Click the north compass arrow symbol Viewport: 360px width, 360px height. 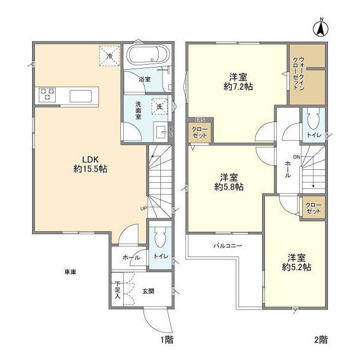pos(321,28)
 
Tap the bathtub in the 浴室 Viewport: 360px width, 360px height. pos(148,55)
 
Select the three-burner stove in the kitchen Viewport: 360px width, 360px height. pos(47,94)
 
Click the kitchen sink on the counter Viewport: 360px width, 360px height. pos(80,96)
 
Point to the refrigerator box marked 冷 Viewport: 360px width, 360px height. pos(110,56)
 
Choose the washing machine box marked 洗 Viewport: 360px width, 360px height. pos(159,106)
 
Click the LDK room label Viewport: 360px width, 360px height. pos(91,160)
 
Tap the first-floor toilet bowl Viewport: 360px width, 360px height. pos(160,237)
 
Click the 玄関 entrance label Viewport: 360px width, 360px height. pos(148,291)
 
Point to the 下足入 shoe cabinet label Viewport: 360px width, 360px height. pos(118,290)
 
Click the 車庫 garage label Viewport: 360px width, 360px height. pos(70,272)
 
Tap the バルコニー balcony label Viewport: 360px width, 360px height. pos(228,246)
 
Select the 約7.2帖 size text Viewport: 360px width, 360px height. pos(238,87)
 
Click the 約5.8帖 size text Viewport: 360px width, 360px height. pos(229,187)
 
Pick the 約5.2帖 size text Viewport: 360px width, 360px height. pos(296,267)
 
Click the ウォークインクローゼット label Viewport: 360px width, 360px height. pos(299,74)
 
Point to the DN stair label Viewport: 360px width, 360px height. pos(296,157)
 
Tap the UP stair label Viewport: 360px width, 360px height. pos(144,209)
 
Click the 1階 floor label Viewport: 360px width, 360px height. pos(167,340)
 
